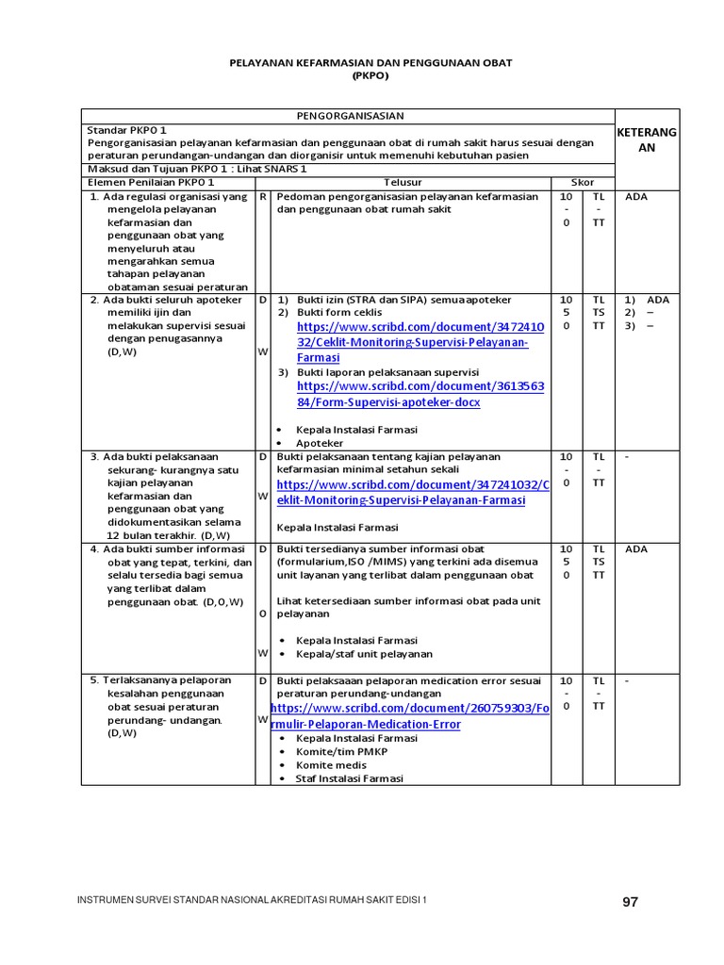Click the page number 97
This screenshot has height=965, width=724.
click(630, 902)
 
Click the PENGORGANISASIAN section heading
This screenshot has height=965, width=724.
click(350, 116)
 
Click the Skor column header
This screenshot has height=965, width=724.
click(583, 182)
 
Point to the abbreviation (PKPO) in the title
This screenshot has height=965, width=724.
click(370, 75)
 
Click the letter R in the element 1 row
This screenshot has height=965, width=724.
click(262, 197)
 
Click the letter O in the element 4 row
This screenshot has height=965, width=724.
click(262, 613)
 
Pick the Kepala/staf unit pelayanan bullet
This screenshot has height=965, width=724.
click(364, 654)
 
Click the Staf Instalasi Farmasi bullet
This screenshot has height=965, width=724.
click(349, 778)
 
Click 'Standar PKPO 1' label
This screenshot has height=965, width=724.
click(127, 130)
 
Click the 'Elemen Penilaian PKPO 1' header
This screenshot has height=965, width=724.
click(151, 182)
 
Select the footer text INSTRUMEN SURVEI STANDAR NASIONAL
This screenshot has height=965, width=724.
click(251, 901)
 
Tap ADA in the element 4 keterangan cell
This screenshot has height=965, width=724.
click(636, 548)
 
